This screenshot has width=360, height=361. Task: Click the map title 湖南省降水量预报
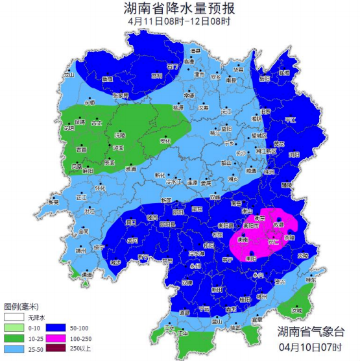point(180,8)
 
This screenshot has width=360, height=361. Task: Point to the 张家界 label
point(121,95)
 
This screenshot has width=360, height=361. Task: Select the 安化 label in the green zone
point(165,140)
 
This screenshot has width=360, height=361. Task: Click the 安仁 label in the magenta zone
point(272,241)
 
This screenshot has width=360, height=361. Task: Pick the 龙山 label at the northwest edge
point(69,75)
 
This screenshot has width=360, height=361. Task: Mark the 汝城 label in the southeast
point(297,310)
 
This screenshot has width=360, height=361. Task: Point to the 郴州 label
point(261,294)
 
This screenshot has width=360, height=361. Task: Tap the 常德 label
point(189,95)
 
